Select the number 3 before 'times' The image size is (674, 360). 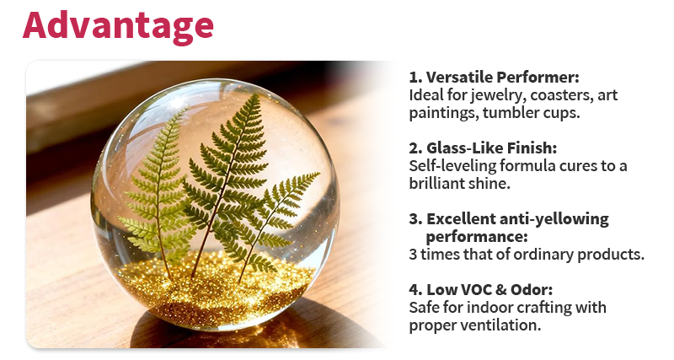point(414,254)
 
